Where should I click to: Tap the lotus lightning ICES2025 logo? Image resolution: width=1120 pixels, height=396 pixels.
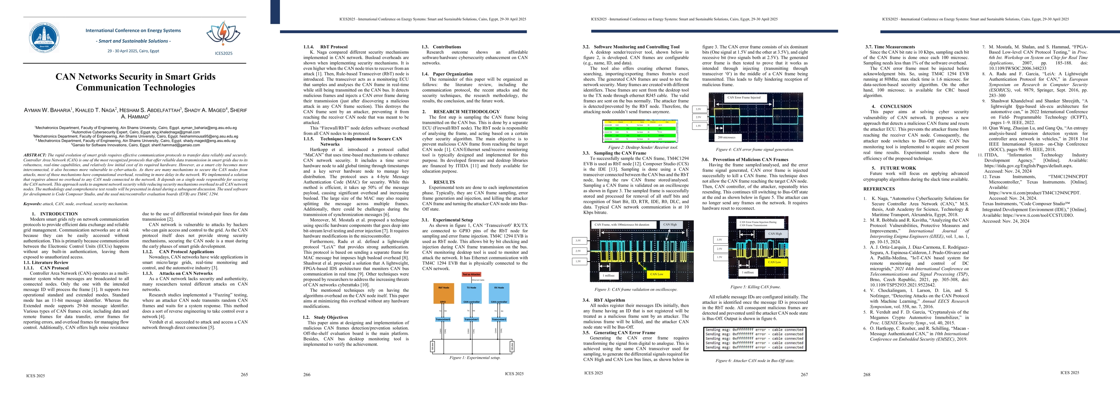click(x=223, y=34)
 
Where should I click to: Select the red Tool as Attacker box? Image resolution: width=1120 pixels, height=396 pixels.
click(x=471, y=274)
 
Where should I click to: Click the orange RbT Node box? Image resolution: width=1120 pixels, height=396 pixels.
click(x=443, y=293)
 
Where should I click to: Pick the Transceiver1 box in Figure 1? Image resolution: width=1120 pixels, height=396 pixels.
click(x=471, y=319)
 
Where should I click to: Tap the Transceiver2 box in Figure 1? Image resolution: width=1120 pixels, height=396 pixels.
click(x=499, y=319)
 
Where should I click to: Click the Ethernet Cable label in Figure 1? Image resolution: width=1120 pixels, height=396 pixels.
click(x=478, y=280)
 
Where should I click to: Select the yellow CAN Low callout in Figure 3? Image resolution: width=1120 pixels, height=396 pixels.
click(x=656, y=274)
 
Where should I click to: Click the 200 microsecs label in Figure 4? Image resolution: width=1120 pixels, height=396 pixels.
click(x=726, y=137)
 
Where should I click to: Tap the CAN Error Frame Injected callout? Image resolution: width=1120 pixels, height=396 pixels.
click(x=744, y=97)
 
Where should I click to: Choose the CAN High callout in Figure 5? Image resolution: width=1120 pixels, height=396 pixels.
click(x=774, y=233)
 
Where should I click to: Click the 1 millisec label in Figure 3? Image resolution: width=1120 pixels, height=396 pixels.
click(x=609, y=276)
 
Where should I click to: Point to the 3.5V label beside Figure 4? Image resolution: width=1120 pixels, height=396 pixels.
click(x=698, y=109)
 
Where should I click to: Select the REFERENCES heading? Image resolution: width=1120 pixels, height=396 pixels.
click(x=879, y=189)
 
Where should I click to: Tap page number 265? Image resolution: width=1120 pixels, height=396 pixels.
click(x=244, y=375)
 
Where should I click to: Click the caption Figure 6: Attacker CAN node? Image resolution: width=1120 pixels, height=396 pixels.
click(x=755, y=360)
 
